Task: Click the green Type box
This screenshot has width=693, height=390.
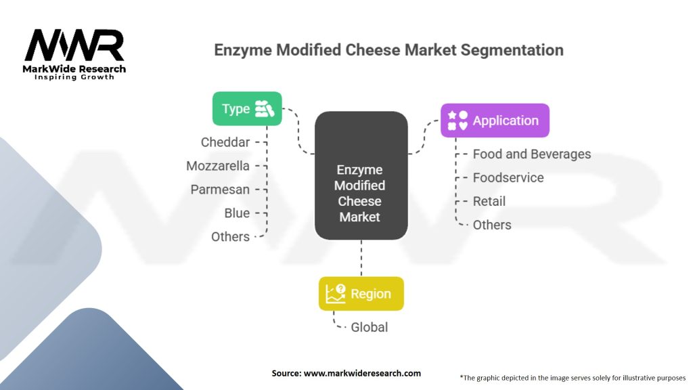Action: click(x=246, y=108)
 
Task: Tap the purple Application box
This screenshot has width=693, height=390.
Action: click(x=495, y=121)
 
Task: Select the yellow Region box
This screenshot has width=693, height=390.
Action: click(x=361, y=294)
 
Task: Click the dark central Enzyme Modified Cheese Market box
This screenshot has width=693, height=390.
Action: click(x=361, y=175)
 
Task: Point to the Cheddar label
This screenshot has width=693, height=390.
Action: click(x=225, y=142)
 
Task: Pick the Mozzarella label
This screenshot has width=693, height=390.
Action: click(x=218, y=166)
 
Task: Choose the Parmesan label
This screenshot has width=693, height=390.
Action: click(x=220, y=190)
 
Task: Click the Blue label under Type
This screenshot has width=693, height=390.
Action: click(x=237, y=213)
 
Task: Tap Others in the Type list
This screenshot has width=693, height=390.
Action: click(x=230, y=237)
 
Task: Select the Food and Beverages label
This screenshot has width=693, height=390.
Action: click(x=531, y=154)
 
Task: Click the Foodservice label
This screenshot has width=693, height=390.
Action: click(x=508, y=178)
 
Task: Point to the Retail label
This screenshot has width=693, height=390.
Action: click(x=489, y=201)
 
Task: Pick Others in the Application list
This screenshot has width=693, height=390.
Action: click(x=492, y=225)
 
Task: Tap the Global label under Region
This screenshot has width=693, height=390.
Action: click(x=369, y=327)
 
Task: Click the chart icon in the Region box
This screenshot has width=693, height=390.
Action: click(x=336, y=294)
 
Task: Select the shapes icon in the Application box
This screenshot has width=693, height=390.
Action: click(x=457, y=121)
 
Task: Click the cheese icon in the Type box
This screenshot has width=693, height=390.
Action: click(x=264, y=108)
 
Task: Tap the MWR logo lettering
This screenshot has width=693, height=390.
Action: click(x=74, y=45)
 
